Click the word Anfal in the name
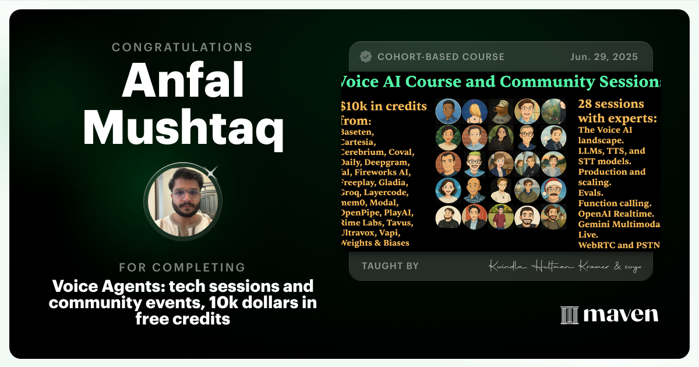(182, 80)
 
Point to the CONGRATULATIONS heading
(182, 47)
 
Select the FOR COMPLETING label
(182, 267)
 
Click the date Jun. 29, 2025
(604, 57)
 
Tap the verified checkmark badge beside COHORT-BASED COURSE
(366, 57)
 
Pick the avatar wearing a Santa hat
(553, 190)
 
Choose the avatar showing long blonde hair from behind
(474, 111)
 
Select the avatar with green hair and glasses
(474, 164)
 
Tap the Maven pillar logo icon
(569, 315)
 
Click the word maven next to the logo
(620, 315)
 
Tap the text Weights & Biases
(375, 243)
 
